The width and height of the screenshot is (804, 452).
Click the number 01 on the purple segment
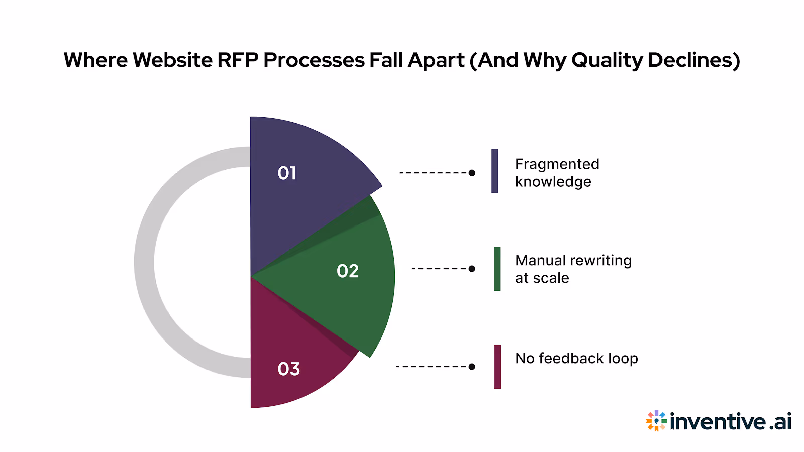click(287, 173)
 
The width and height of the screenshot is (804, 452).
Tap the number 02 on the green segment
click(348, 271)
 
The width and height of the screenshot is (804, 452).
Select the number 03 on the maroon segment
click(288, 369)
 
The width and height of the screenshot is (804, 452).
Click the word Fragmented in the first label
click(557, 164)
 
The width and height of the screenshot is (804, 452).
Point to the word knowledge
click(553, 182)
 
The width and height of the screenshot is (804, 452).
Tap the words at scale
click(542, 278)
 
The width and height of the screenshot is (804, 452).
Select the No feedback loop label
click(576, 358)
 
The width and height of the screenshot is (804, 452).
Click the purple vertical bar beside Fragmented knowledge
click(495, 171)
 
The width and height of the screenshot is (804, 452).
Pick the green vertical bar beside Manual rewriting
click(497, 269)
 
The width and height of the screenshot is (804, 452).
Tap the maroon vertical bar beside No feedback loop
click(497, 367)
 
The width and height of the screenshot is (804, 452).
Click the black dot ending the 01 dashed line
click(472, 173)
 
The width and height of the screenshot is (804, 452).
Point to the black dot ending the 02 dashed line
click(472, 269)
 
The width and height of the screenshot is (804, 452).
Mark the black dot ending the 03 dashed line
click(472, 367)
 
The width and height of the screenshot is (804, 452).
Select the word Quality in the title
click(607, 60)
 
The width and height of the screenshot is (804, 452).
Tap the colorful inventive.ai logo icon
click(656, 421)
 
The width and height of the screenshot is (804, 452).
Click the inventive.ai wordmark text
click(731, 422)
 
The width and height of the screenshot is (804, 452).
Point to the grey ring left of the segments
click(145, 261)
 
